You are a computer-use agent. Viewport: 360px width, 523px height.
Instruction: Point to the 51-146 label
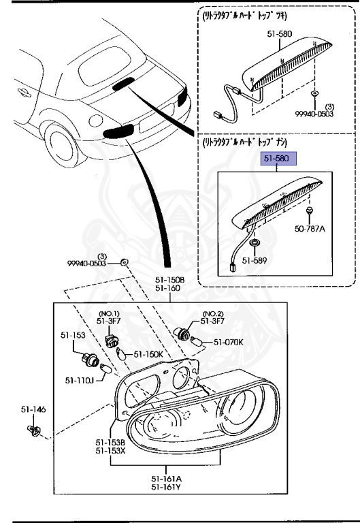(x=33, y=410)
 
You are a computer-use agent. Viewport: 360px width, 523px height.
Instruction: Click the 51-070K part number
(x=229, y=343)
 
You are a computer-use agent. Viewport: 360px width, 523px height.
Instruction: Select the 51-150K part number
(x=148, y=354)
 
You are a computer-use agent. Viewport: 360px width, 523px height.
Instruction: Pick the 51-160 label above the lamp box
(x=167, y=288)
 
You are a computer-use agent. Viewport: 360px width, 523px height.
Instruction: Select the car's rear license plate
(x=150, y=124)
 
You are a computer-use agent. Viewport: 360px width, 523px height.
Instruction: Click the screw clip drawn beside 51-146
(x=33, y=430)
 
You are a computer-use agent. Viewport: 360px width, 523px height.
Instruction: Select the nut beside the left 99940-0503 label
(x=124, y=262)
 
